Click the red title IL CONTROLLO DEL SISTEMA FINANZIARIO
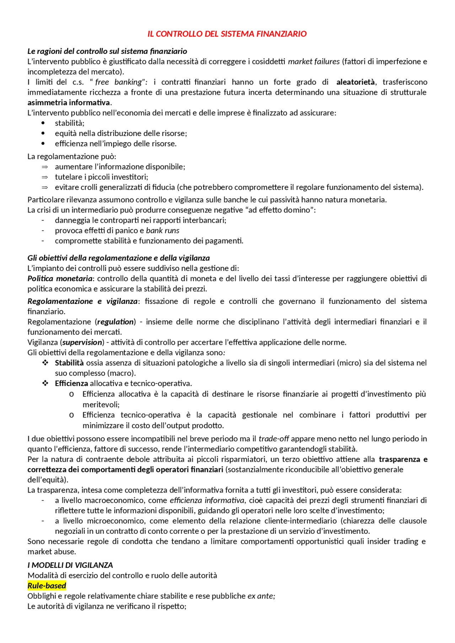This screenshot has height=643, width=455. coord(227,34)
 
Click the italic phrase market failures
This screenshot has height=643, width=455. coord(314,61)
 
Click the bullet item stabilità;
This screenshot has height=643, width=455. coord(70,123)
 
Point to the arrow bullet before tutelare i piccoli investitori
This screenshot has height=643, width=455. coord(45,177)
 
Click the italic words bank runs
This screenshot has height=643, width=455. coord(162,230)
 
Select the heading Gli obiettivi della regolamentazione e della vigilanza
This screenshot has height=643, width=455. coord(118,258)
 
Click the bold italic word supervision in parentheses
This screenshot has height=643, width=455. coord(82,342)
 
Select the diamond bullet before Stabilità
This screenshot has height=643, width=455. coord(45,363)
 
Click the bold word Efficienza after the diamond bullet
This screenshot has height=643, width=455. coord(71,383)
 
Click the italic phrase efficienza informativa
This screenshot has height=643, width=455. coord(207,500)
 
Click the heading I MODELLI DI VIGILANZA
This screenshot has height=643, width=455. coord(70,565)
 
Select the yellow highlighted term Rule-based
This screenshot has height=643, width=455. coord(47,586)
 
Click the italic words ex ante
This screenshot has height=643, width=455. coord(261,596)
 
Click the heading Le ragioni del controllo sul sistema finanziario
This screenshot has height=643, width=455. coord(107,51)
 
